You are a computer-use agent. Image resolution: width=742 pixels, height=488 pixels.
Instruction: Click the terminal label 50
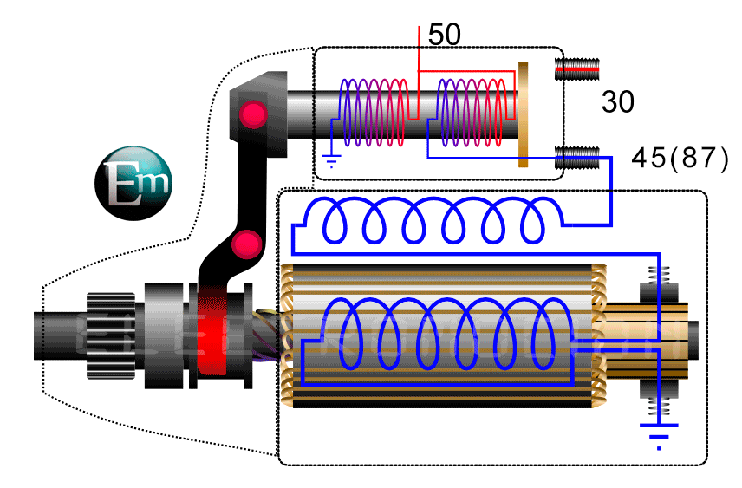[x=445, y=36]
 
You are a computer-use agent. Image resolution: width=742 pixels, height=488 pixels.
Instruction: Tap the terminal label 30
[x=617, y=102]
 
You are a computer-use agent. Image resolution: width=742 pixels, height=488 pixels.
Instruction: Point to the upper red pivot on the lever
[x=253, y=113]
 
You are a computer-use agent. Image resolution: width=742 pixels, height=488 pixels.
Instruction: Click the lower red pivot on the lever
[x=247, y=244]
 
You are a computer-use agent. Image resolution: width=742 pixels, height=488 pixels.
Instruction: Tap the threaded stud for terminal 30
[x=577, y=67]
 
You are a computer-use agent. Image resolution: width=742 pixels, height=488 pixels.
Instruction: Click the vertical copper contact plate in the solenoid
[x=523, y=114]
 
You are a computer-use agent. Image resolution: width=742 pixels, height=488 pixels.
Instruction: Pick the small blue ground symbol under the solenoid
[x=329, y=159]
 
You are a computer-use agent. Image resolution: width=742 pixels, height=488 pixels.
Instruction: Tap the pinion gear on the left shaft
[x=111, y=335]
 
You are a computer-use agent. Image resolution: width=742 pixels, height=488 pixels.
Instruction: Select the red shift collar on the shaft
[x=212, y=334]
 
